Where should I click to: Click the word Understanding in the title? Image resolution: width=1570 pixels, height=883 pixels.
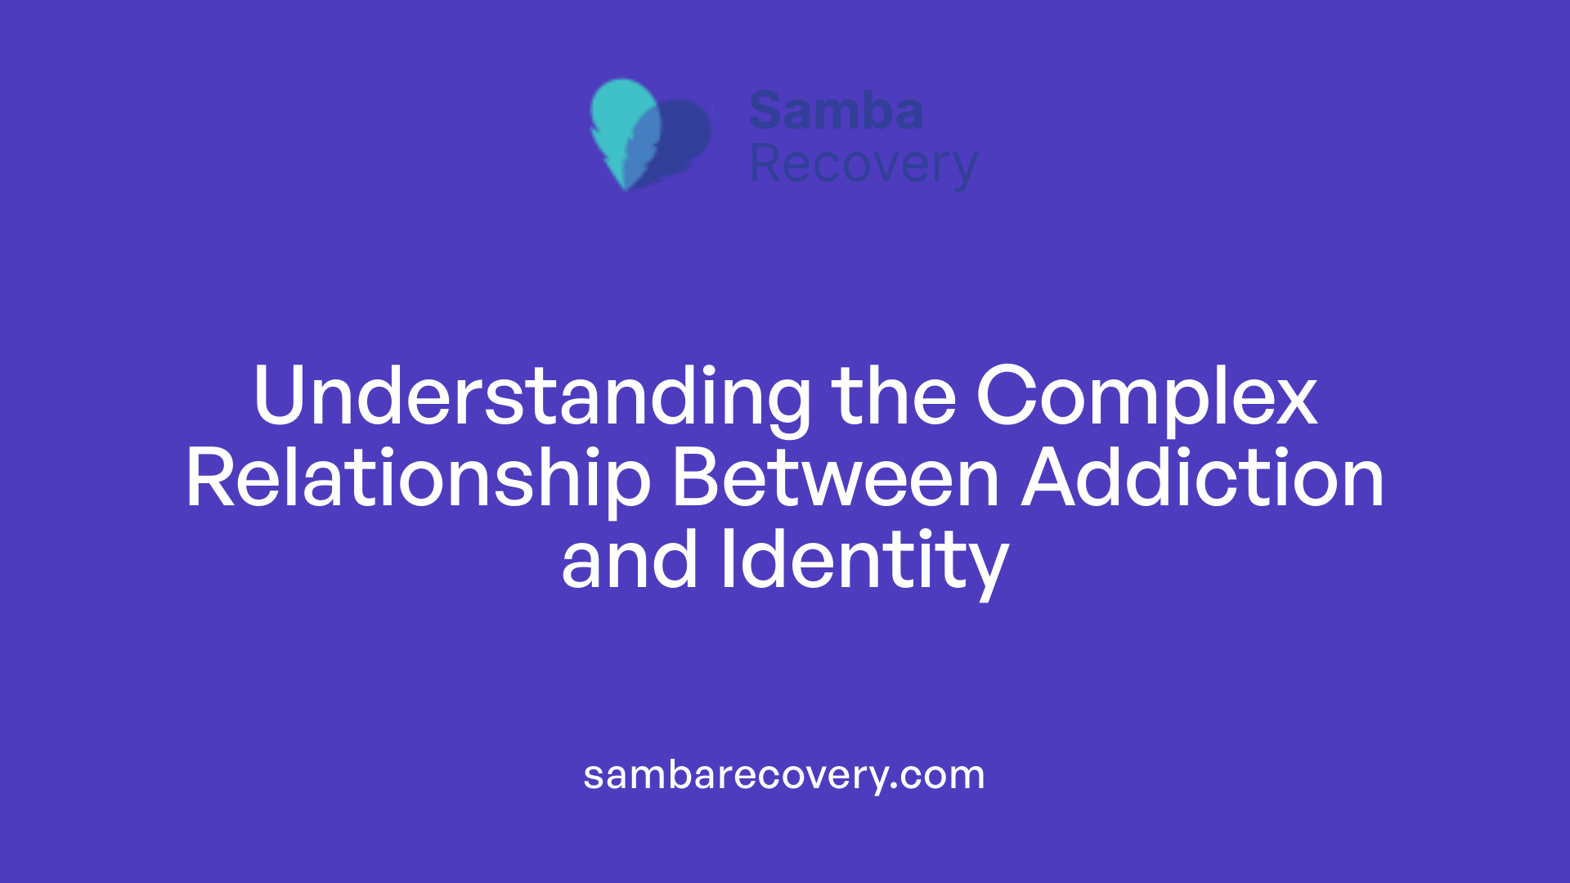[x=532, y=397]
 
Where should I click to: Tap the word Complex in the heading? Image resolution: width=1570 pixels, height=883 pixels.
[x=1146, y=397]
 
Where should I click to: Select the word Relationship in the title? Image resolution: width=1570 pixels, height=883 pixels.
[x=418, y=479]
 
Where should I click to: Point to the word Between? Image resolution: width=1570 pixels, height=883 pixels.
[x=835, y=479]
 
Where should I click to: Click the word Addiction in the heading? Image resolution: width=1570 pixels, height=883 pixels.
[x=1203, y=479]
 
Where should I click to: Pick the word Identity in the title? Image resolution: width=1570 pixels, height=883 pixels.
[x=864, y=561]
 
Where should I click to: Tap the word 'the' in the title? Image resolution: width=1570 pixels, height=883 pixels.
[x=894, y=397]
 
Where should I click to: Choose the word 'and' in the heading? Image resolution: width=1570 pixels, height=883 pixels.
[x=630, y=561]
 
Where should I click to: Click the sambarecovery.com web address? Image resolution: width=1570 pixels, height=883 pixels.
[x=784, y=774]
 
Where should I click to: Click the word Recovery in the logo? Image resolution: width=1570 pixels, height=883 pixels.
[x=863, y=165]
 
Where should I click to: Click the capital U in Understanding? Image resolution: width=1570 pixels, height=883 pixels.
[x=279, y=397]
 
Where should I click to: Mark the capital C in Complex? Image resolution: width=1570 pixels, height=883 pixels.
[x=1003, y=397]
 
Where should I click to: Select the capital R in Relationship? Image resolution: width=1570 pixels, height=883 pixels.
[x=208, y=479]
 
